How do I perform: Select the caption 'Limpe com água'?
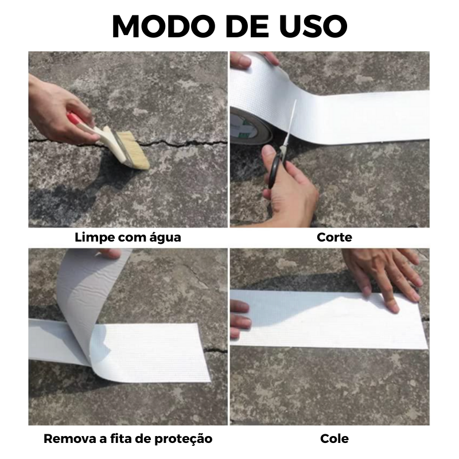[128, 237]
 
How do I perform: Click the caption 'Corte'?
[334, 237]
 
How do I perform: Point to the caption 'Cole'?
[334, 439]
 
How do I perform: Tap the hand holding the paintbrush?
[55, 106]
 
